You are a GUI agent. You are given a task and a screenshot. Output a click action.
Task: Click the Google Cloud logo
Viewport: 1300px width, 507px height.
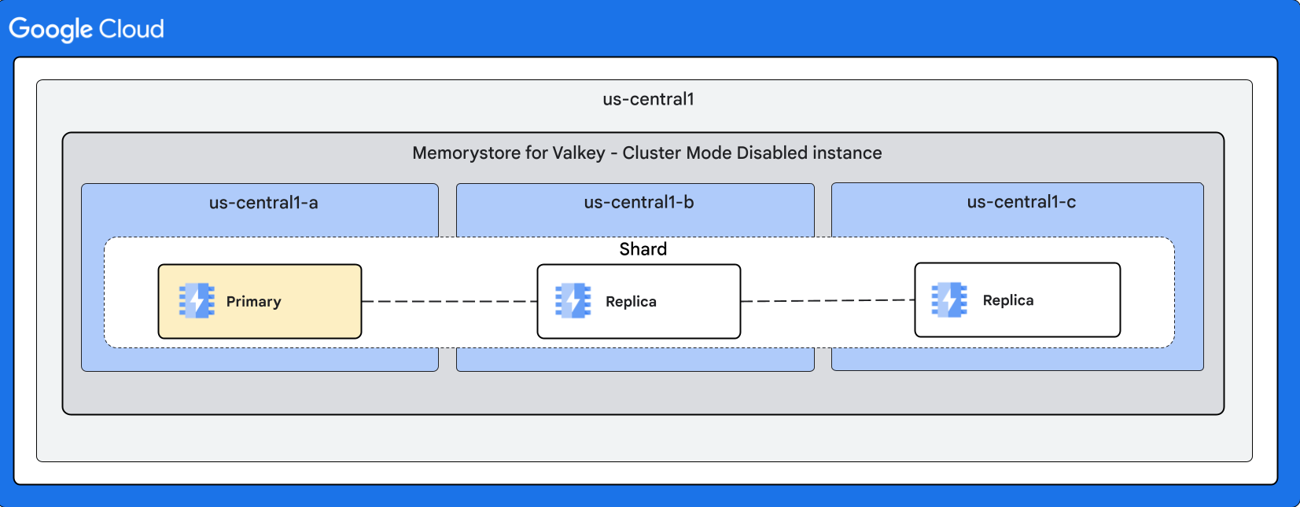[x=87, y=29]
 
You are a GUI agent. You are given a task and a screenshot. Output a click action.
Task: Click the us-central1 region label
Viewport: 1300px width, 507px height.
[x=648, y=99]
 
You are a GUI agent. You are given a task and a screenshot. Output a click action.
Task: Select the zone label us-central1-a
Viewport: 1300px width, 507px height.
[x=263, y=203]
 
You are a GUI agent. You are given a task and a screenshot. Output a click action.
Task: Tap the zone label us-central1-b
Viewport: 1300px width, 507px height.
[x=639, y=202]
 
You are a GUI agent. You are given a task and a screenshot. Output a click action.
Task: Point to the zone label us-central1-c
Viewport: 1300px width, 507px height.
[x=1021, y=202]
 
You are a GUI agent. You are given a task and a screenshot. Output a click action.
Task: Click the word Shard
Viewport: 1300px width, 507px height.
[x=643, y=249]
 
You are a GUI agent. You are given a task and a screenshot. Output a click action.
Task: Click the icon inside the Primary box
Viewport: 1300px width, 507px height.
[x=197, y=301]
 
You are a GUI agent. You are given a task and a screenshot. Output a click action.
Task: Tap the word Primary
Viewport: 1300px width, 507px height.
[x=253, y=302]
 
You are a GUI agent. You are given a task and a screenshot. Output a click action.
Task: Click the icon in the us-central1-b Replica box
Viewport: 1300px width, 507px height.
[x=573, y=301]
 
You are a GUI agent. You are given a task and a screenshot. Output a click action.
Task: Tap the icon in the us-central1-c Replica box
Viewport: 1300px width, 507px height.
[x=949, y=299]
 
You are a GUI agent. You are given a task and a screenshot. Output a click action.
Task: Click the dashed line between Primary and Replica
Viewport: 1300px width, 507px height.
[x=449, y=301]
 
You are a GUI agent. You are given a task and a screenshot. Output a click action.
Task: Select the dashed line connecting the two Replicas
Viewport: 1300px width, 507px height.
[x=827, y=300]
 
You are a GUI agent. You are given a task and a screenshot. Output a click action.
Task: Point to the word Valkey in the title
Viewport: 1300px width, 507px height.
[x=579, y=152]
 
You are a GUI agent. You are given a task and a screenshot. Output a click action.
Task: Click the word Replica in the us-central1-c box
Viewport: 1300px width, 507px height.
[x=1007, y=300]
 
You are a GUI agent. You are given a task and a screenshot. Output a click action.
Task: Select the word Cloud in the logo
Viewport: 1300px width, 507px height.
[x=131, y=29]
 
